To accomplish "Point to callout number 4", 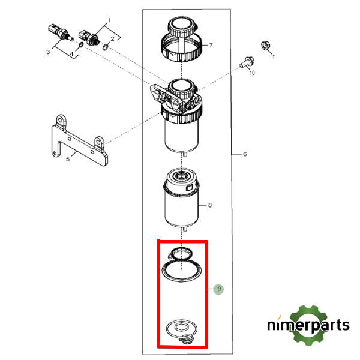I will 73,58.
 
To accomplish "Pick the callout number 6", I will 244,154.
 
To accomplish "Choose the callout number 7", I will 211,44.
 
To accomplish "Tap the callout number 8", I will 209,205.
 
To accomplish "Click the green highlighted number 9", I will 220,289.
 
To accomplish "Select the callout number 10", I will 252,73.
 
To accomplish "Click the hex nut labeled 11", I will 265,46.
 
